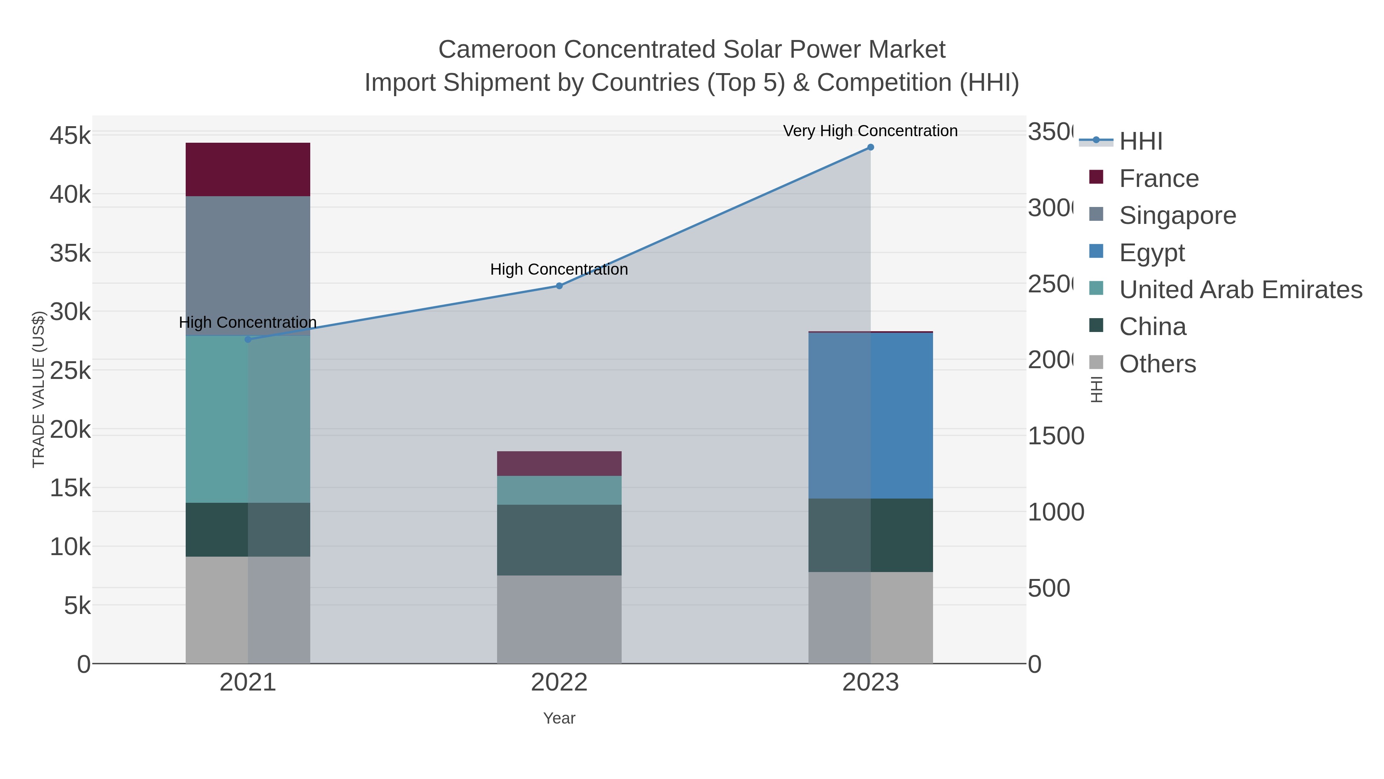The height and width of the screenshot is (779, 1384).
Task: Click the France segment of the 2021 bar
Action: click(x=248, y=169)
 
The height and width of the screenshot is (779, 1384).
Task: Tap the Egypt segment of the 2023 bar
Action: click(x=870, y=415)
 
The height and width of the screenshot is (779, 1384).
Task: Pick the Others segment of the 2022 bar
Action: click(x=559, y=619)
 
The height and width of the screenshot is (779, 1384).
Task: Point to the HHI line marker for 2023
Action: click(x=870, y=147)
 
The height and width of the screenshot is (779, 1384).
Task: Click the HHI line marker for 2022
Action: click(x=559, y=286)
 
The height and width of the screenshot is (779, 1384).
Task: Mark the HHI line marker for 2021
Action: click(x=248, y=339)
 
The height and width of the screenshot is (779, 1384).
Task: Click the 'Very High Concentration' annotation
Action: click(x=870, y=131)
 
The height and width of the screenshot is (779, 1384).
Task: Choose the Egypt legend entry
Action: click(x=1152, y=252)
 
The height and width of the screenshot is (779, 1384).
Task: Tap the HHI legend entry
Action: click(x=1141, y=141)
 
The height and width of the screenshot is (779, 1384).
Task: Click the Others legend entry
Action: click(x=1157, y=364)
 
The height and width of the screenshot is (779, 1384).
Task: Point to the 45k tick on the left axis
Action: click(x=70, y=135)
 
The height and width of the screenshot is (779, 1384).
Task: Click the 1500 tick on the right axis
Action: click(x=1056, y=436)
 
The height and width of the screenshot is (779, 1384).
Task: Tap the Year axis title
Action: click(x=559, y=718)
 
